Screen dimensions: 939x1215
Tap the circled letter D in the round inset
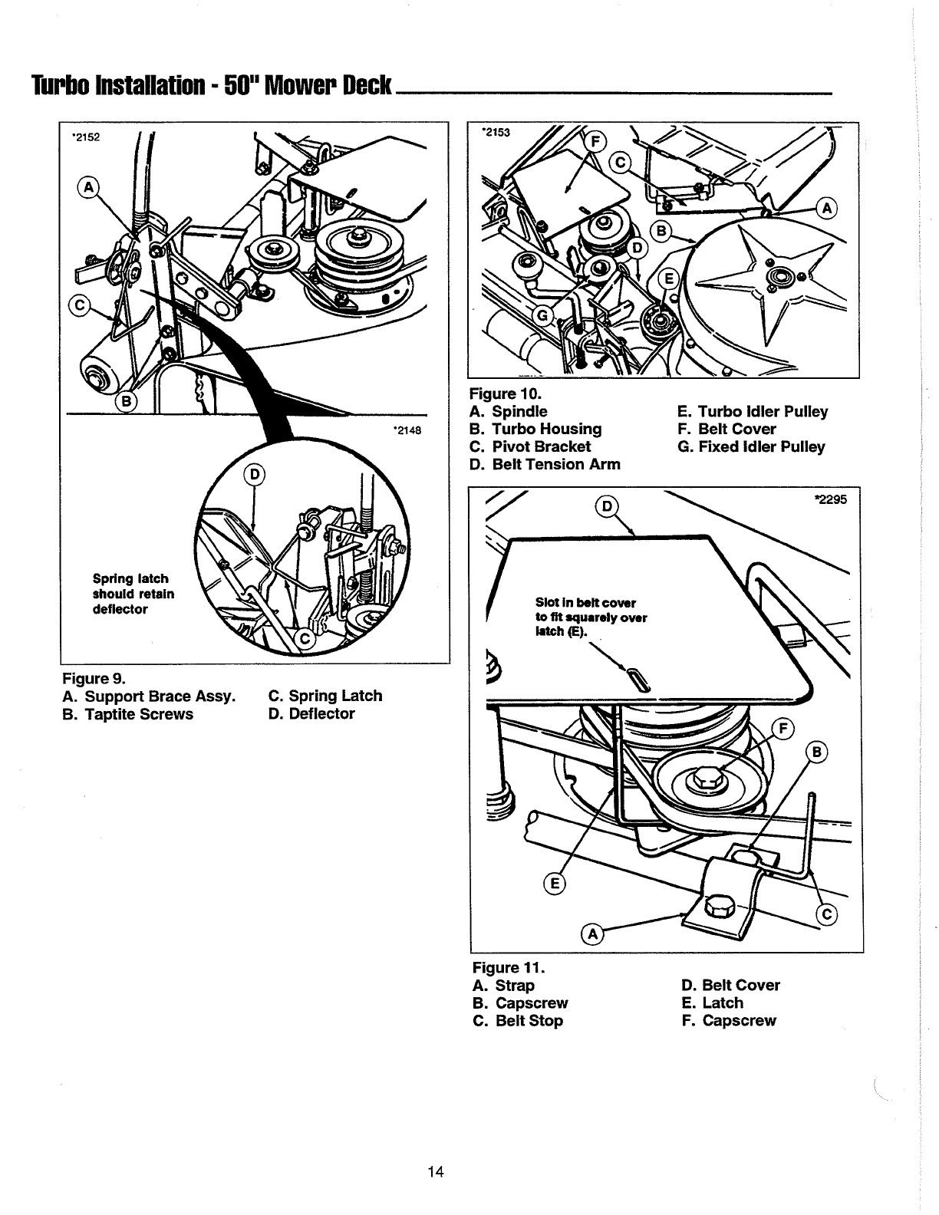tap(255, 475)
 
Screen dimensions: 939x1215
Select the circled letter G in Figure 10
tap(542, 317)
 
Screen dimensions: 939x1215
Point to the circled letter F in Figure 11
tap(782, 729)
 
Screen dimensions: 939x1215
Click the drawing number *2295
tap(831, 499)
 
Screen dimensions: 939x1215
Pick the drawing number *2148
tap(407, 430)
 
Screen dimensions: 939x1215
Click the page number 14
tap(436, 1171)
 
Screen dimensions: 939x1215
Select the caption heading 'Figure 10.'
tap(506, 393)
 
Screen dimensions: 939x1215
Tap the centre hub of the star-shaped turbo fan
tap(777, 275)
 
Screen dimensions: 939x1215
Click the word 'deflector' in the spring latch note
tap(120, 609)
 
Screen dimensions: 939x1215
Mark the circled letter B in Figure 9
tap(127, 401)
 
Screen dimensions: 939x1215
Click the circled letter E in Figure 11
tap(554, 884)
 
